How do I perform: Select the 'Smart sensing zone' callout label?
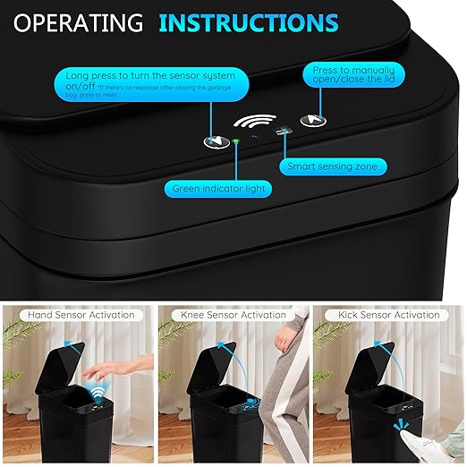332,166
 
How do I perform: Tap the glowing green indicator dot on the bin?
236,141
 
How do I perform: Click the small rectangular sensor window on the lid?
284,132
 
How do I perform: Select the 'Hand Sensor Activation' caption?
80,315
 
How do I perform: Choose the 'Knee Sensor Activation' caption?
233,315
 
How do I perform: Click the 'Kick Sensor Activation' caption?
387,315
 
